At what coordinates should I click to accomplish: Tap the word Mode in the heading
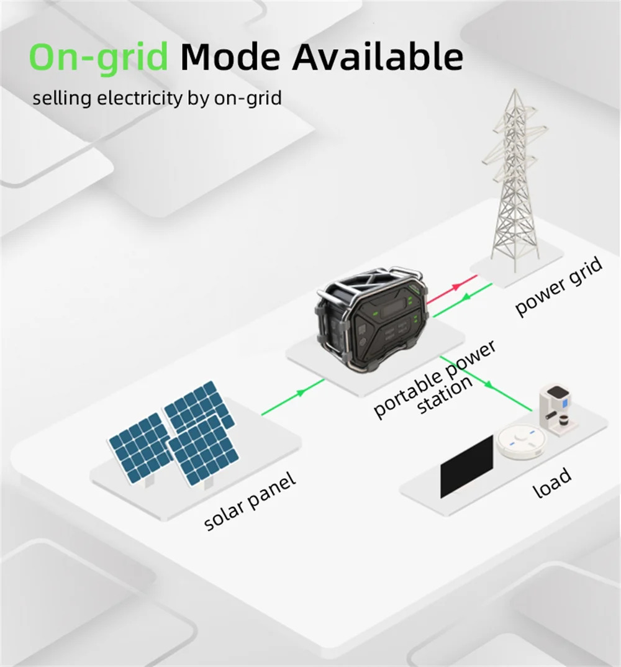coord(230,57)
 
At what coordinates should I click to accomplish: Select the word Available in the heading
coord(378,57)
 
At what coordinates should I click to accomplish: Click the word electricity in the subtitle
coord(140,98)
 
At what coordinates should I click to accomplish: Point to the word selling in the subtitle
coord(62,99)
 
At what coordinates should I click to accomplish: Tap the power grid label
coord(559,287)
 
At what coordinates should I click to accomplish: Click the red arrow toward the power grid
coord(451,289)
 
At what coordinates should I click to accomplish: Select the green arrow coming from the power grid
coord(463,300)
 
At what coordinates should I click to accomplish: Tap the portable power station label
coord(435,379)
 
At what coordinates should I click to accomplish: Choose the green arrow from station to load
coord(486,383)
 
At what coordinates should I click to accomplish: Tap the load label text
coord(551,483)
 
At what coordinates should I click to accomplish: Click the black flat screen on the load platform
coord(466,466)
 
